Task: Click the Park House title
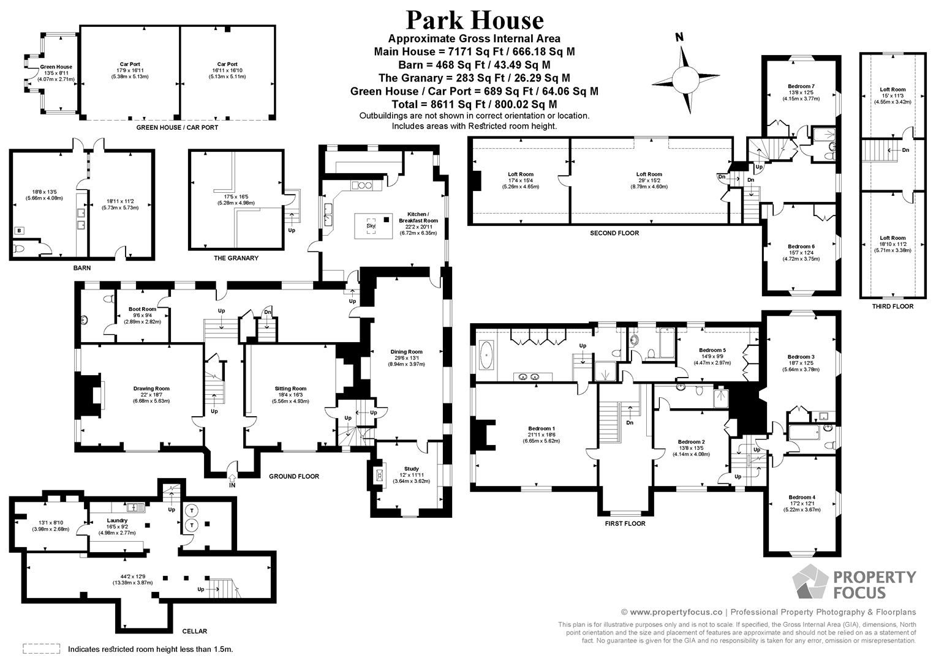(x=475, y=20)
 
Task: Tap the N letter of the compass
(x=680, y=37)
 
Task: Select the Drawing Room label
(x=151, y=388)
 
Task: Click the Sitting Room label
(x=290, y=388)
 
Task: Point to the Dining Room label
(x=406, y=351)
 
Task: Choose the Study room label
(x=411, y=468)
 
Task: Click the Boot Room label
(x=142, y=309)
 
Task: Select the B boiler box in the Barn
(x=19, y=231)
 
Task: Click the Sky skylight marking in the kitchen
(x=371, y=225)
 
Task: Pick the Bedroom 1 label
(x=541, y=428)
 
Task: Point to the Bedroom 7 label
(x=801, y=86)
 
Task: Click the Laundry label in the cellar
(x=116, y=520)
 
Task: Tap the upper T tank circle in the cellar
(x=192, y=510)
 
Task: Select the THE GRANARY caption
(x=236, y=258)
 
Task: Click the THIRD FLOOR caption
(x=893, y=306)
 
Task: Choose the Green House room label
(x=56, y=67)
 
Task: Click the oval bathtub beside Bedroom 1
(x=486, y=356)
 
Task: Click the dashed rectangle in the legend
(x=42, y=649)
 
